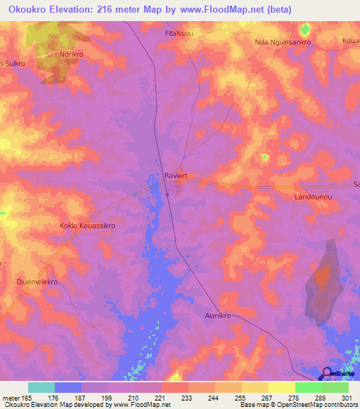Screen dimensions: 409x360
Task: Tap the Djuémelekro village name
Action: pyautogui.click(x=36, y=281)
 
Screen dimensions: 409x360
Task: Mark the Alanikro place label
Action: pyautogui.click(x=220, y=316)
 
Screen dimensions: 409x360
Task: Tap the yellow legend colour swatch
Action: pyautogui.click(x=281, y=387)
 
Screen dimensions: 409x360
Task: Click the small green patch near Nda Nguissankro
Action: pyautogui.click(x=304, y=30)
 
